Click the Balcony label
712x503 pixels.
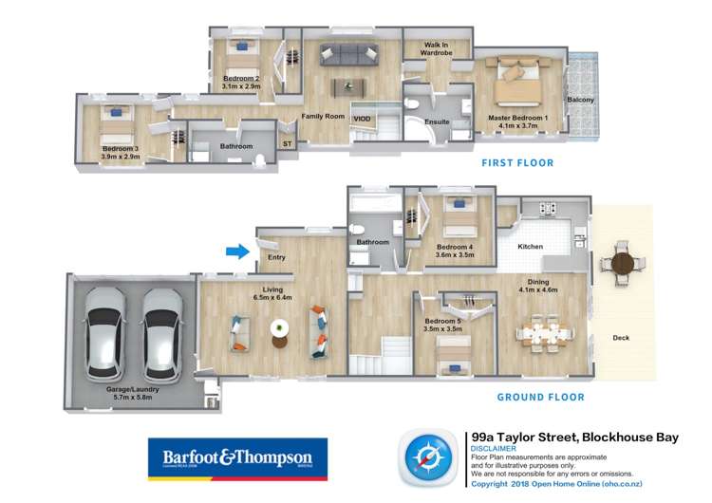point(580,99)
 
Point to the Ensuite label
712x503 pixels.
point(437,121)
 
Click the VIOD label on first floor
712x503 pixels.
point(362,118)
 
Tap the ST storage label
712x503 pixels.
point(287,144)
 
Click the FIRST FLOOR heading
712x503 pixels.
point(517,163)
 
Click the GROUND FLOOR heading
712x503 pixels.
point(542,397)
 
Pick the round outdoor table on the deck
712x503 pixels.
point(623,264)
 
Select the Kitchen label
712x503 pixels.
point(530,247)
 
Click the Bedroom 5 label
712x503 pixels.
point(444,321)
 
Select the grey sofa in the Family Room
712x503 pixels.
point(347,54)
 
